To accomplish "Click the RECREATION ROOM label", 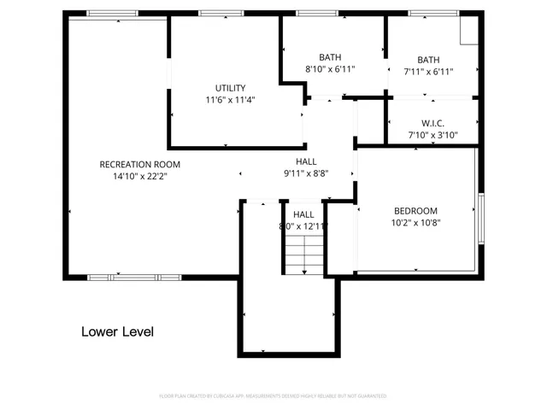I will click(140, 164).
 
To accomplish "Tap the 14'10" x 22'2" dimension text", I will click(140, 176).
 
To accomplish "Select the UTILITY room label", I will click(231, 88).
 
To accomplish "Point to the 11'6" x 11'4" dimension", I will click(231, 100).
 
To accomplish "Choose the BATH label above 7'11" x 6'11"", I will click(429, 60).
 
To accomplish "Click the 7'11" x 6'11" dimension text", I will click(429, 72).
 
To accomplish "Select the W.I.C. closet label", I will click(432, 123).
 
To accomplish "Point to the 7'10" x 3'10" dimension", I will click(432, 135).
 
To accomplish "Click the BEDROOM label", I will click(415, 211).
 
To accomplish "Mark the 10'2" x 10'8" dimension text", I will click(415, 223).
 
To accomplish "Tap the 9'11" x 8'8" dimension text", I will click(306, 173).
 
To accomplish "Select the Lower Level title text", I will click(118, 331).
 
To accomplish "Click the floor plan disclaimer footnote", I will click(273, 396).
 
